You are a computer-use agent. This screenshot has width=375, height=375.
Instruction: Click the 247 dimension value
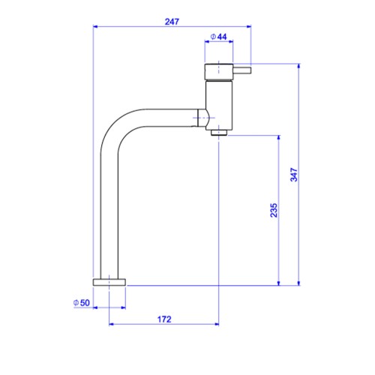pyautogui.click(x=172, y=22)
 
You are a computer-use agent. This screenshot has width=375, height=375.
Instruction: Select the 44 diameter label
pyautogui.click(x=219, y=37)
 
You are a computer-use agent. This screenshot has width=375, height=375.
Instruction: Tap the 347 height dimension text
pyautogui.click(x=294, y=175)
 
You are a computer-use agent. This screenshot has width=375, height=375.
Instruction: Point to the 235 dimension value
pyautogui.click(x=274, y=210)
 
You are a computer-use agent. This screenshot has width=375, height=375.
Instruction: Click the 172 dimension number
pyautogui.click(x=164, y=319)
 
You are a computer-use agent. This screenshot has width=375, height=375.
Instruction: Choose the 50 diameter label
pyautogui.click(x=82, y=303)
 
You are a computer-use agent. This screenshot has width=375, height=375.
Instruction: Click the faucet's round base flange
pyautogui.click(x=109, y=282)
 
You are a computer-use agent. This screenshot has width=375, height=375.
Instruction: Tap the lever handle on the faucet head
pyautogui.click(x=242, y=70)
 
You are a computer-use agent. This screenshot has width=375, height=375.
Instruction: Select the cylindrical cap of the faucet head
pyautogui.click(x=219, y=72)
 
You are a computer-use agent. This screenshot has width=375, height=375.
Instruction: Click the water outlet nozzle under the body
pyautogui.click(x=219, y=133)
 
